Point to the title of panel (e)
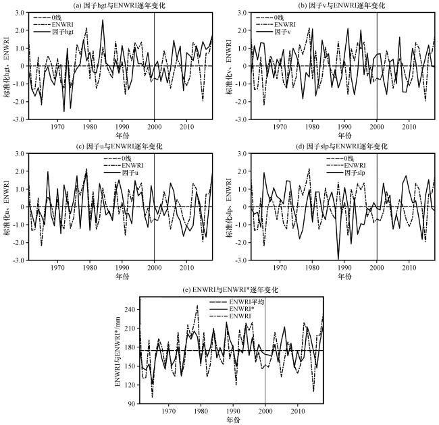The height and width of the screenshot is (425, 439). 230,289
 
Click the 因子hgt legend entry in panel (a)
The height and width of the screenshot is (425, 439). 53,32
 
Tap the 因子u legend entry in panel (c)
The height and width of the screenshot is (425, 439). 121,173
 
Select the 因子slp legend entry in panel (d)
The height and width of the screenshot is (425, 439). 346,173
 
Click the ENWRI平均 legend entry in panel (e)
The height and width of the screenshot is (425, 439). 237,302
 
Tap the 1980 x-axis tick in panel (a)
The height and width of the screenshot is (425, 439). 90,127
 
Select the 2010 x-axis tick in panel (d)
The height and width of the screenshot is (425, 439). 409,268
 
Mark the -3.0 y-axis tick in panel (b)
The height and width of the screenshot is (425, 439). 241,119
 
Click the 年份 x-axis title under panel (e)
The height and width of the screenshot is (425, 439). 232,420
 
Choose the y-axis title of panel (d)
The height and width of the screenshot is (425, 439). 229,207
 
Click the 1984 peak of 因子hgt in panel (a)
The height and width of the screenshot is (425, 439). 103,20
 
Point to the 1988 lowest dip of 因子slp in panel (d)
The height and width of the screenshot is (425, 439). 338,259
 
